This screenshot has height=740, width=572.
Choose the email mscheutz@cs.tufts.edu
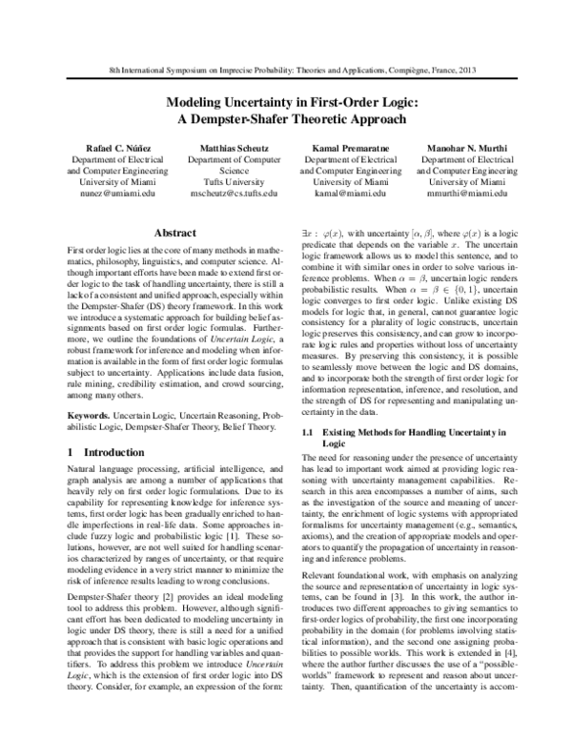(x=234, y=192)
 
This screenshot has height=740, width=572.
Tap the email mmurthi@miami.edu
(x=467, y=192)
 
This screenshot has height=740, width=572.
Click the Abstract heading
(x=174, y=231)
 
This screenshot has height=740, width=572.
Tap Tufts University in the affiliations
(x=234, y=178)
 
